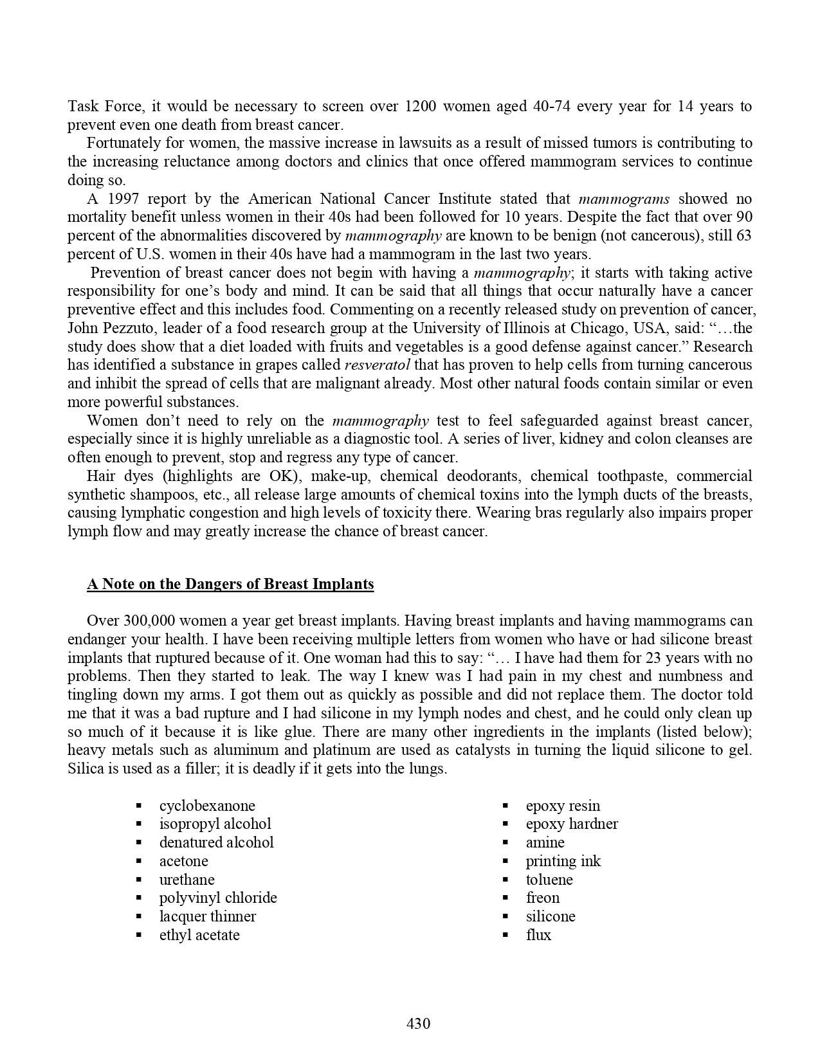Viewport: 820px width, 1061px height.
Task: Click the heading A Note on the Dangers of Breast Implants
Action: (x=230, y=584)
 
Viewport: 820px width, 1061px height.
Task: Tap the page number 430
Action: (x=418, y=1023)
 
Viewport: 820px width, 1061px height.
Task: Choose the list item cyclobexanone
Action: (x=207, y=806)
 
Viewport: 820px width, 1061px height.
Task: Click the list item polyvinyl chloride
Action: (x=218, y=898)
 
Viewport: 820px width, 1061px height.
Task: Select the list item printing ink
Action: (x=563, y=861)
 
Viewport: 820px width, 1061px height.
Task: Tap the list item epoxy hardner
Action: (x=572, y=824)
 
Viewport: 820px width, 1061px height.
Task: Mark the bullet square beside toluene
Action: (x=506, y=880)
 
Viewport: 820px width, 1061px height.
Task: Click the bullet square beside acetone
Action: (x=139, y=861)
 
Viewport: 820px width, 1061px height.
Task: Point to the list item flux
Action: (x=538, y=935)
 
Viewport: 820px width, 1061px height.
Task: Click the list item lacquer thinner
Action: (x=208, y=916)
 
